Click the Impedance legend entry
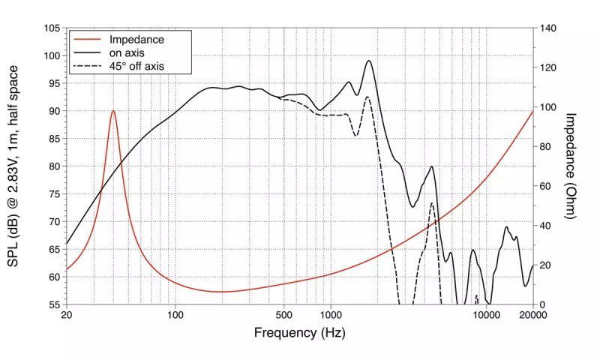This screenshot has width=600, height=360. [x=136, y=39]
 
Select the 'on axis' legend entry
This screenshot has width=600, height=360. [x=127, y=52]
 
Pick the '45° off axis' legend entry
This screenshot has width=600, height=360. [x=136, y=66]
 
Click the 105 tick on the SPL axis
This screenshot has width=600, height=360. [x=52, y=28]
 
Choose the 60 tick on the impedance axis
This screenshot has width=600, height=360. [x=545, y=186]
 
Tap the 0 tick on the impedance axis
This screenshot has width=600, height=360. [x=542, y=304]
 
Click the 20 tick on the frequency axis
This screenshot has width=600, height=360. [x=67, y=315]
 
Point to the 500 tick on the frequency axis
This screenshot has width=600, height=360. [x=283, y=315]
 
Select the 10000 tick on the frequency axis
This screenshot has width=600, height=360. [x=486, y=315]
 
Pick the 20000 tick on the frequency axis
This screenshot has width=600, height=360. [x=532, y=315]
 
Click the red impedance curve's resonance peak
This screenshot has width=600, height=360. [x=113, y=111]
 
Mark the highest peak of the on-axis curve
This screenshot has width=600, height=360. [x=369, y=61]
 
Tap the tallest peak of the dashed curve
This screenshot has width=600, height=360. [x=367, y=97]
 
